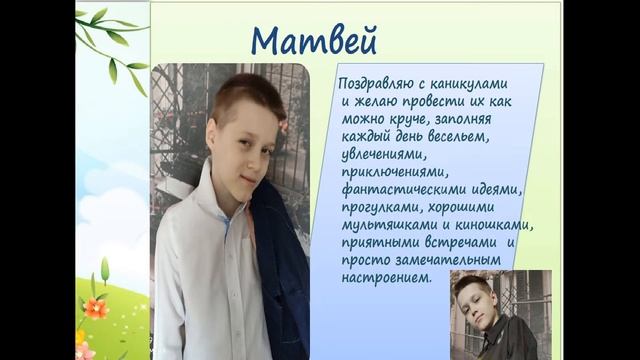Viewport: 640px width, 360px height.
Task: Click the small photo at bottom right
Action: click(x=500, y=314)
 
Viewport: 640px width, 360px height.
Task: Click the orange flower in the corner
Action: click(x=96, y=309)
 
